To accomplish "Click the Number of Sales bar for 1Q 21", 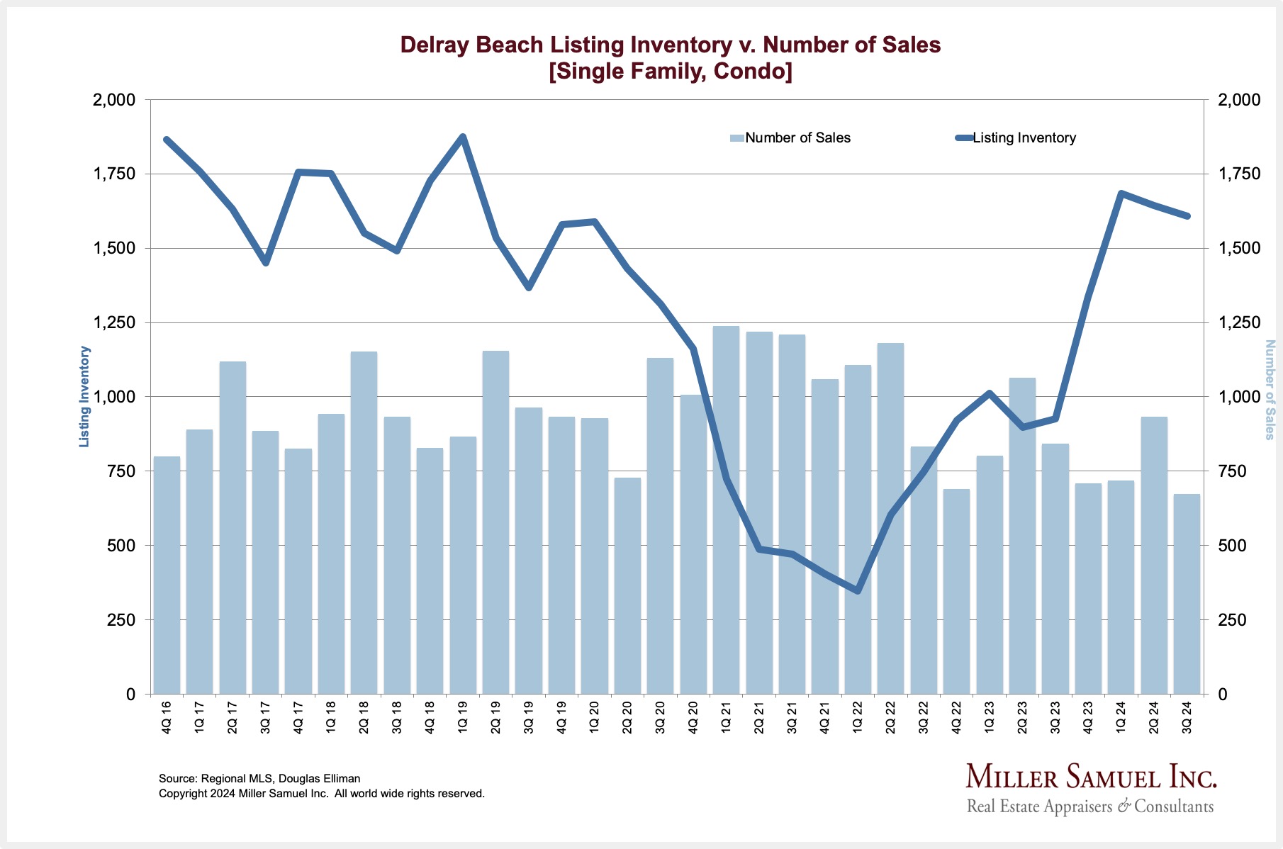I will [726, 510].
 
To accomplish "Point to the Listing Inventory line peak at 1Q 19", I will [463, 137].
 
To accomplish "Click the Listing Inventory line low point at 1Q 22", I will [858, 590].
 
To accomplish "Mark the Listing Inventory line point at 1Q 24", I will [1121, 193].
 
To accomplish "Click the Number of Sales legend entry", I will [790, 138].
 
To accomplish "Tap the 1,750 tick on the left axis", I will [114, 174].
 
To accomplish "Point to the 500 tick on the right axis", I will [1231, 546].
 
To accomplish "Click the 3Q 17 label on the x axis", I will [265, 717].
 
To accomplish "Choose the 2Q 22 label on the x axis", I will [890, 717].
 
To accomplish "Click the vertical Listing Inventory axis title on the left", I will [84, 396].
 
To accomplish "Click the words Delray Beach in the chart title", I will [471, 45].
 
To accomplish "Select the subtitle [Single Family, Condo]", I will [671, 72].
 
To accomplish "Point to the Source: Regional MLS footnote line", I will [259, 778].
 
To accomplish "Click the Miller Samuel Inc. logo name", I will [1091, 777].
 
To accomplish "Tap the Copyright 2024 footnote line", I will [322, 794].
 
